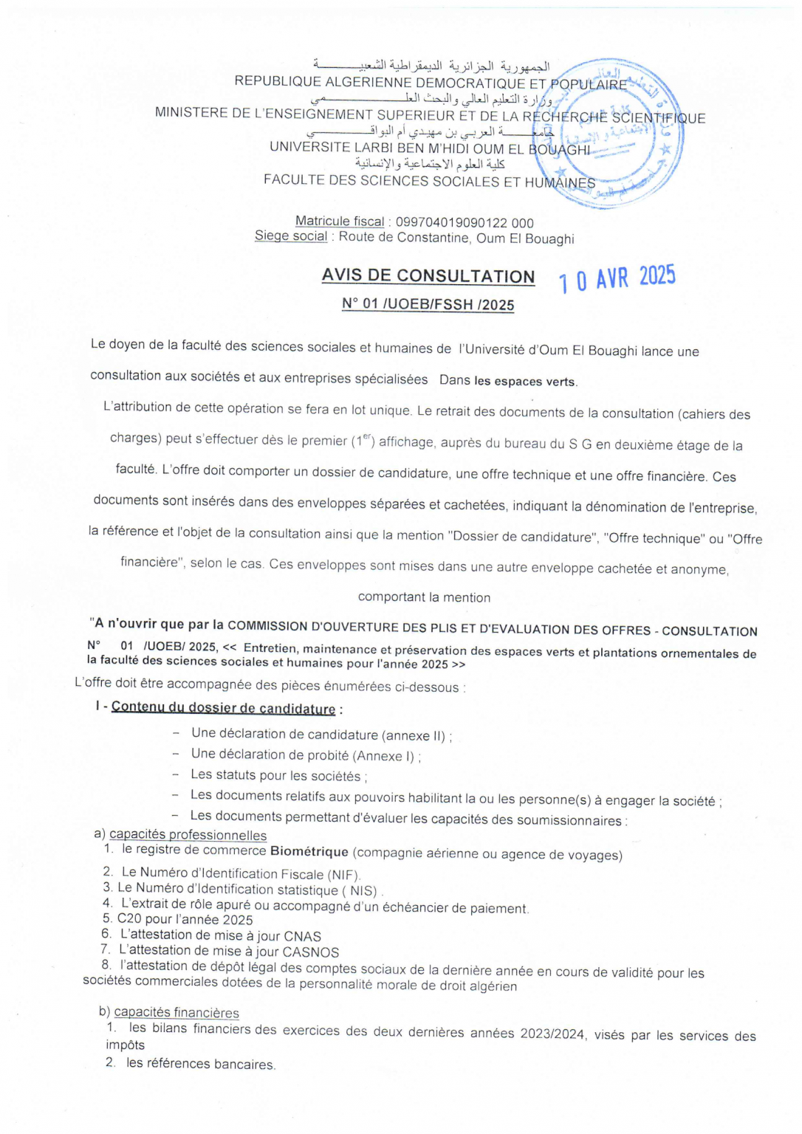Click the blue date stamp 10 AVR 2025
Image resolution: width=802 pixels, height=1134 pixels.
click(x=617, y=278)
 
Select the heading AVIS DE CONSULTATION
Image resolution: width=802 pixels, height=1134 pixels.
click(x=428, y=276)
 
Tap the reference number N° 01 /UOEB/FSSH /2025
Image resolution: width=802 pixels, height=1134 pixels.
click(x=428, y=304)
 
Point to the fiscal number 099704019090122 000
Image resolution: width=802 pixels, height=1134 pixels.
click(x=465, y=223)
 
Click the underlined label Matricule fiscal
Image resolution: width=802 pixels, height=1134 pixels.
click(x=340, y=221)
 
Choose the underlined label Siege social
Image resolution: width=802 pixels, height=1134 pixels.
click(x=291, y=236)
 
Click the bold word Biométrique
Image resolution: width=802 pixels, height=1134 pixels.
click(x=309, y=851)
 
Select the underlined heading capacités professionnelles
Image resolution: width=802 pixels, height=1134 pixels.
click(x=188, y=835)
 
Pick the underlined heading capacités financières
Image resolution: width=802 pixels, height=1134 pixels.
click(x=176, y=1013)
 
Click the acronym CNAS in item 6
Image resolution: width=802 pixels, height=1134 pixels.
click(x=302, y=937)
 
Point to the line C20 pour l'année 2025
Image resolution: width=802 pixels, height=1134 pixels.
click(x=185, y=920)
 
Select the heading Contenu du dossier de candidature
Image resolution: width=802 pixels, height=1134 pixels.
click(x=223, y=708)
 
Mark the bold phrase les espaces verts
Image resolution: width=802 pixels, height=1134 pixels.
click(x=525, y=382)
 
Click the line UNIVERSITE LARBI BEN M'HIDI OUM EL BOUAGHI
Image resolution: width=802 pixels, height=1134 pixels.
click(x=430, y=148)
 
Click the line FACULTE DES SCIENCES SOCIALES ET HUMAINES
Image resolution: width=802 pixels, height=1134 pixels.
click(x=429, y=181)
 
